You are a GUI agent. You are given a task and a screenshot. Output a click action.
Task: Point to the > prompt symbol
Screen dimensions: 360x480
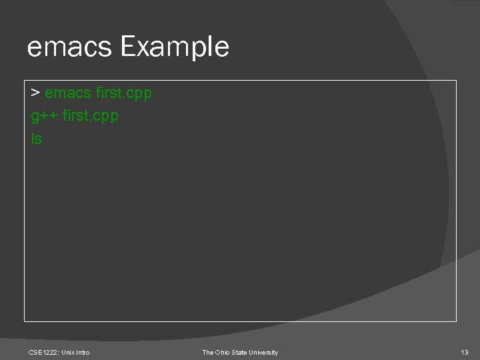point(36,93)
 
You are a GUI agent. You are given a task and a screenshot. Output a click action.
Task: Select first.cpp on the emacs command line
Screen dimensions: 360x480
point(124,93)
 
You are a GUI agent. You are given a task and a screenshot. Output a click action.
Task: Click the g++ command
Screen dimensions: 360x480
point(44,116)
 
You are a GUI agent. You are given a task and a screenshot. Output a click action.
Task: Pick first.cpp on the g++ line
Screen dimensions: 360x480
point(90,116)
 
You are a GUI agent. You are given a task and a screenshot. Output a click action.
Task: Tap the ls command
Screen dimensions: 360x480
point(36,139)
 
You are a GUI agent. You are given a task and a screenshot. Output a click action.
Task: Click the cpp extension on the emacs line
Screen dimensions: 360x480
point(139,94)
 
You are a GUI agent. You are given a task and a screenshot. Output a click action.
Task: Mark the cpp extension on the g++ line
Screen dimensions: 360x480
point(105,117)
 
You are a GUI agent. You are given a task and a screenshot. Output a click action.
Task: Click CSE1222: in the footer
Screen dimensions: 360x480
point(44,352)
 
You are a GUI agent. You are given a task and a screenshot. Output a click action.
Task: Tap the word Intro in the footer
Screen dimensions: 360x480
point(83,352)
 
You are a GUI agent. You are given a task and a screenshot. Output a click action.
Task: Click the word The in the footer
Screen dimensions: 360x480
point(208,352)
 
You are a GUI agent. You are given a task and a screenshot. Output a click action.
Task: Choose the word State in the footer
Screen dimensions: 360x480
point(241,352)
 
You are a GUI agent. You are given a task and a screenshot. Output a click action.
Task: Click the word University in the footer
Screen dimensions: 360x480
point(265,352)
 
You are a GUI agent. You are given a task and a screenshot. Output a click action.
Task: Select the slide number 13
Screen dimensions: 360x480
point(465,352)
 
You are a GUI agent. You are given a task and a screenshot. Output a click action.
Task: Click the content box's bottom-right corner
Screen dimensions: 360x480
point(456,321)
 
